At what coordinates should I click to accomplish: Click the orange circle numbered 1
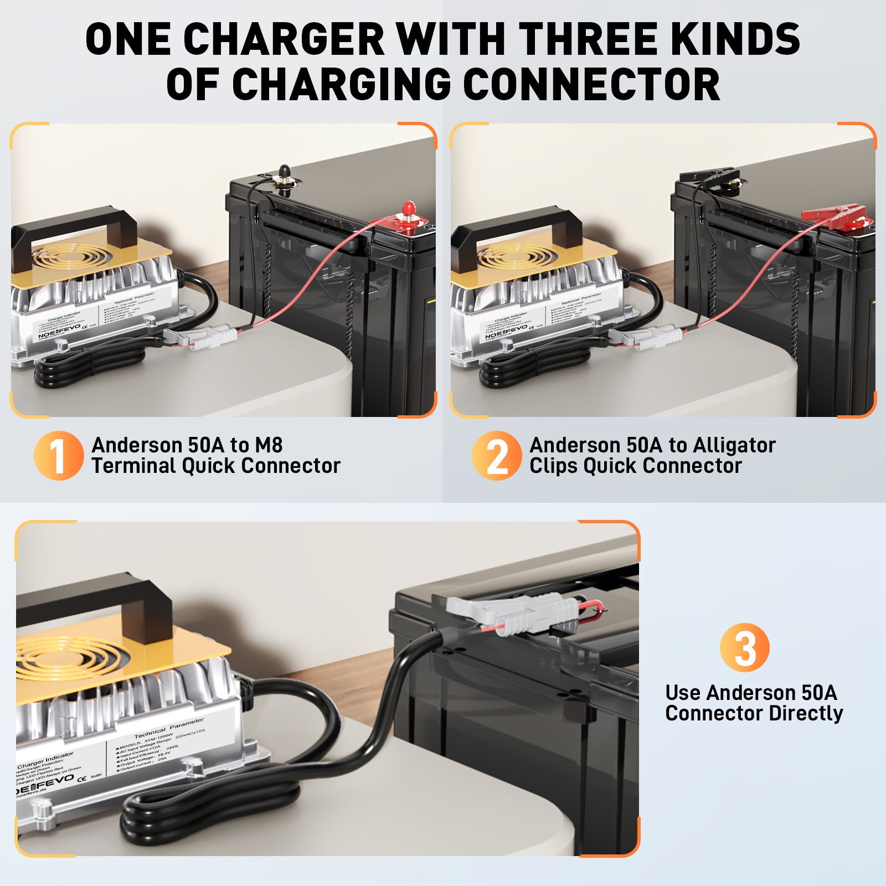(x=58, y=455)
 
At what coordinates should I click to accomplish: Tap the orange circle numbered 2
(x=496, y=455)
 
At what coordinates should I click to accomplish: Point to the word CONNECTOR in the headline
(x=591, y=84)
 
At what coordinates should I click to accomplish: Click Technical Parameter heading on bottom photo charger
(x=169, y=729)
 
